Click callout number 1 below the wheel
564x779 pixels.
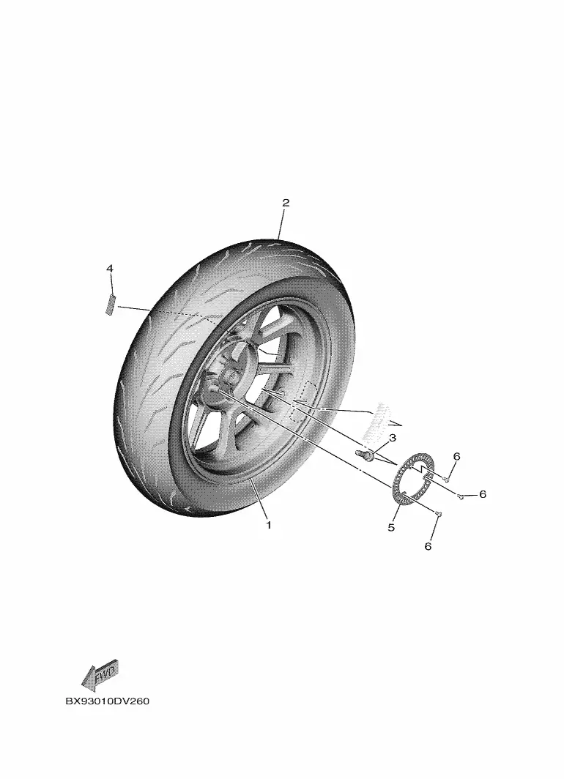point(269,525)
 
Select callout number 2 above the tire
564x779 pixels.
point(286,203)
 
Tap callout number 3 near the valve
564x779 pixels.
point(393,438)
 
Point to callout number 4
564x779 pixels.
point(110,268)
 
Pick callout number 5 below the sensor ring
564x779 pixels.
point(391,527)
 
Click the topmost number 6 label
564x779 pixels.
point(456,456)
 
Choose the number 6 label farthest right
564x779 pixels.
point(483,494)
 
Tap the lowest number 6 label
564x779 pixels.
point(428,546)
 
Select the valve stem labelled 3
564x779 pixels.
point(364,454)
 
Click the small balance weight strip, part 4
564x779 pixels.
point(110,304)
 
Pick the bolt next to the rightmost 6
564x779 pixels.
point(461,496)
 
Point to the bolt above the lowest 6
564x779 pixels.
point(438,512)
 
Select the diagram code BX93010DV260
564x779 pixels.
point(108,701)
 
